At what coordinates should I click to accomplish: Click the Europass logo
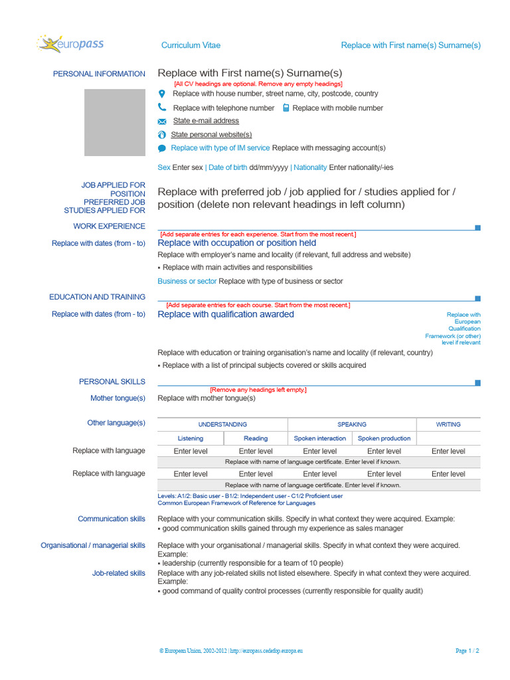click(70, 44)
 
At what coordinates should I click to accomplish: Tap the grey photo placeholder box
click(114, 123)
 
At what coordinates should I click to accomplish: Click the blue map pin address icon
click(162, 94)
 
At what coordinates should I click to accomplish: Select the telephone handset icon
click(162, 108)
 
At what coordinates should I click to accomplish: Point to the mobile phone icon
click(286, 108)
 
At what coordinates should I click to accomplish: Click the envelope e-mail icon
click(162, 122)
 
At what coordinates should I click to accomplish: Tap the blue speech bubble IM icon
click(162, 148)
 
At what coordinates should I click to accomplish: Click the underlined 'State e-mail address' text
click(206, 121)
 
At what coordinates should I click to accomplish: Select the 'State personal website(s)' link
click(211, 135)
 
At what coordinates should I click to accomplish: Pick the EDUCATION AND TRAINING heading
click(97, 297)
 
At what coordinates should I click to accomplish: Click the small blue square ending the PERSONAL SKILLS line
click(477, 382)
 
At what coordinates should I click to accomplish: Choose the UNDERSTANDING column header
click(222, 424)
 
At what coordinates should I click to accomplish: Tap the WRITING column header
click(448, 424)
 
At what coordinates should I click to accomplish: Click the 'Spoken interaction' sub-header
click(320, 438)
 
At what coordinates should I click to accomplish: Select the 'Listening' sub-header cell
click(191, 438)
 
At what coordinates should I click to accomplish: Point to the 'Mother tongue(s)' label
click(118, 398)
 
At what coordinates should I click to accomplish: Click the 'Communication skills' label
click(112, 519)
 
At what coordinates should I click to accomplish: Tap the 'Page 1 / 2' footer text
click(467, 651)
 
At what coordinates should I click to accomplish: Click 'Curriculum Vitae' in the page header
click(191, 45)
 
